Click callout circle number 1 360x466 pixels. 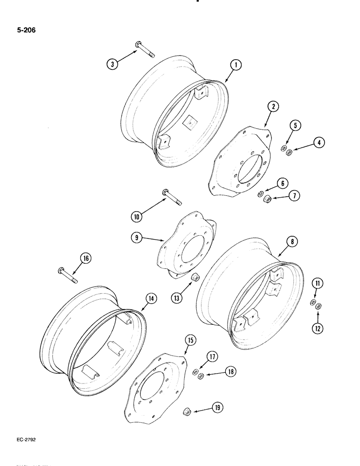point(236,66)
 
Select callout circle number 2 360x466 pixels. point(273,107)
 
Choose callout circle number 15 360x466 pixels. point(190,341)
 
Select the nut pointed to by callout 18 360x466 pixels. point(200,376)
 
